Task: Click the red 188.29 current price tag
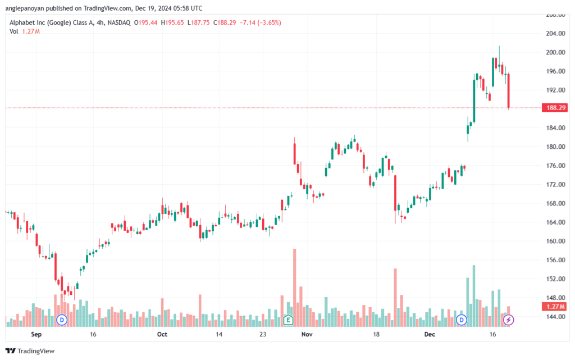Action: tap(554, 108)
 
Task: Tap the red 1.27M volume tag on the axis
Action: tap(554, 307)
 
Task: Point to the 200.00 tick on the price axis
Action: tap(555, 52)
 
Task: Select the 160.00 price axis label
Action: tap(555, 241)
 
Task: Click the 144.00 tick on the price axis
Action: tap(555, 317)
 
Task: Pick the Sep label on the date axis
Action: tap(36, 334)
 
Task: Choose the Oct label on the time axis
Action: tap(162, 334)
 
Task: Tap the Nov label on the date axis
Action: tap(307, 334)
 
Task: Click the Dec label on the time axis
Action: tap(430, 334)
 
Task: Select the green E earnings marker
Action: tap(288, 320)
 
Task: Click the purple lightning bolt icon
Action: tap(508, 320)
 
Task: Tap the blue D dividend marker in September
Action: tap(62, 320)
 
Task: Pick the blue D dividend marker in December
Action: tap(462, 320)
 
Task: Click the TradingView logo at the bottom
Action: tap(30, 351)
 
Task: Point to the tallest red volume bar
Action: tap(294, 288)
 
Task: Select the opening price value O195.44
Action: tap(145, 22)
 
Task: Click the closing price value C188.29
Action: tap(225, 22)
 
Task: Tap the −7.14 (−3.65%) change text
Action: tap(261, 22)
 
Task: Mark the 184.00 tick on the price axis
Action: tap(555, 128)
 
